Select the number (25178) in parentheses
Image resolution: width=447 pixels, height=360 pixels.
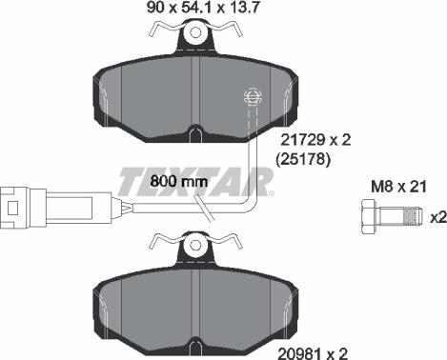coord(303,160)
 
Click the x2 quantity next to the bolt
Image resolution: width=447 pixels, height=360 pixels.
coord(437,217)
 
